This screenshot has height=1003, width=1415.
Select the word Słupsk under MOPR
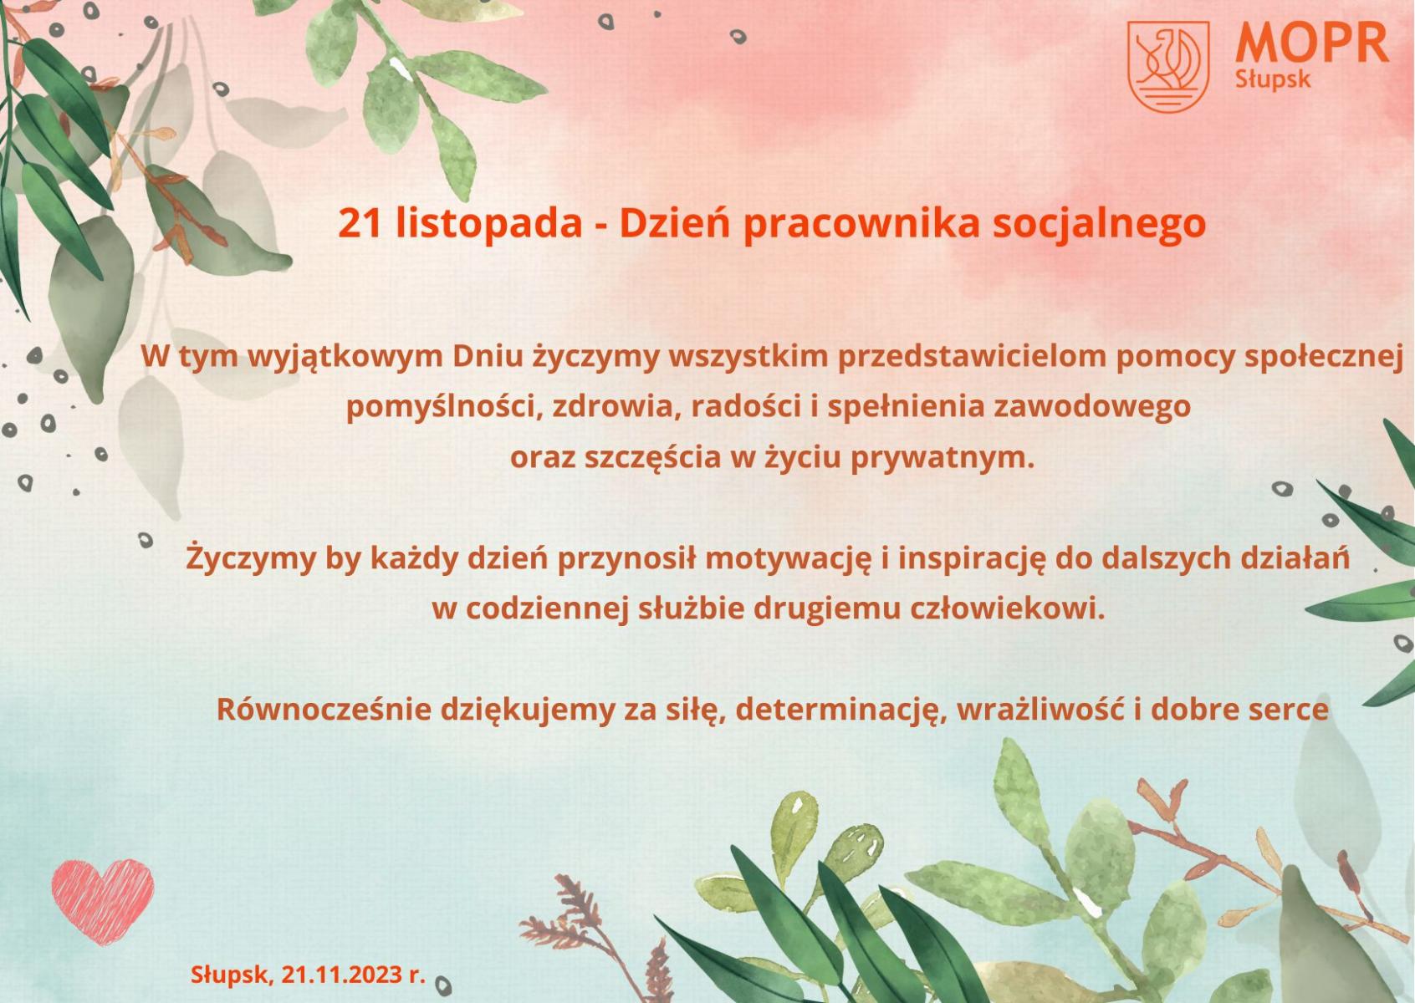[x=1273, y=80]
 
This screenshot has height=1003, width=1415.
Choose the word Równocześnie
[x=324, y=710]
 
